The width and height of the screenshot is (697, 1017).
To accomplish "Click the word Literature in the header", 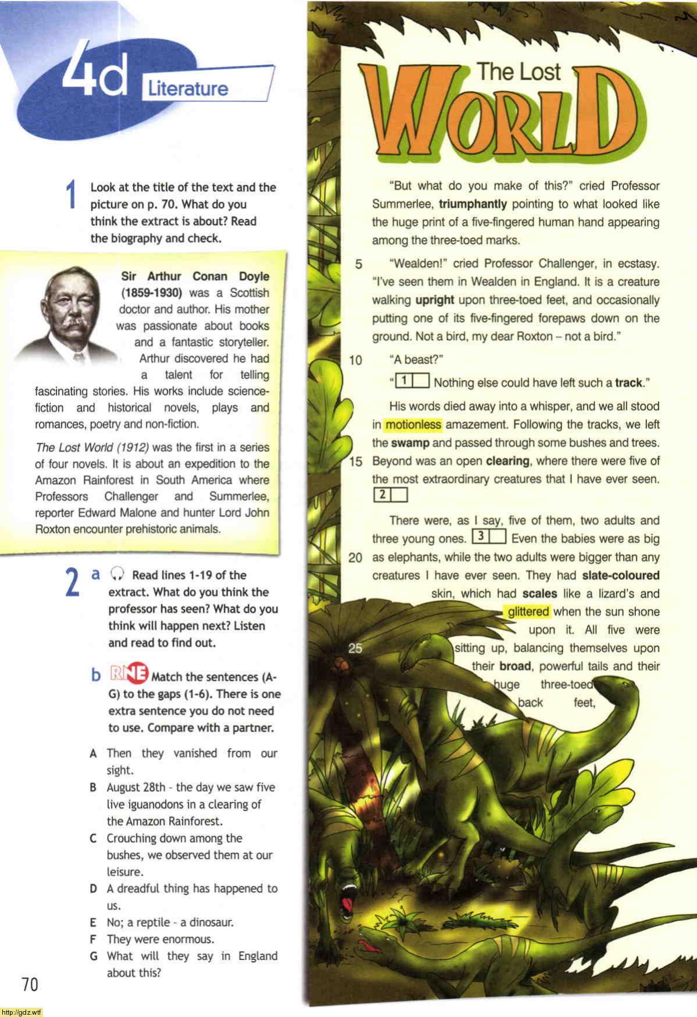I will [x=188, y=89].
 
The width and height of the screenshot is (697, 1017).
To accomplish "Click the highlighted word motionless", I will [x=413, y=425].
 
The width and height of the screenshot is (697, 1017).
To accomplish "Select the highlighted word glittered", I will [x=528, y=611].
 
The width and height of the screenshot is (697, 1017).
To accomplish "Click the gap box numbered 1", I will [x=412, y=382].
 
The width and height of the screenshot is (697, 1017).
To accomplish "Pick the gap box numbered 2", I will [x=390, y=495].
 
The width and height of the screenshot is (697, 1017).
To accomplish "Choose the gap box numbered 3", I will [x=489, y=537].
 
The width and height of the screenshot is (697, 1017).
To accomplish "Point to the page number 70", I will [x=30, y=984].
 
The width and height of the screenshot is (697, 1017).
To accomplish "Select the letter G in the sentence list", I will [x=93, y=956].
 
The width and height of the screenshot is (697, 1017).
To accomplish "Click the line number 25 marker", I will [x=355, y=648].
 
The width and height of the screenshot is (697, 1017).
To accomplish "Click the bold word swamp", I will [x=410, y=443].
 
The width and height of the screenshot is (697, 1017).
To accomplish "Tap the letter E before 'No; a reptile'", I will [x=93, y=923].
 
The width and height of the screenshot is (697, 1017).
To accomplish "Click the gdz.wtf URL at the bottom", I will [x=22, y=1012].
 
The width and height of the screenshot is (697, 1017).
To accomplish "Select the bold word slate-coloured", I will [x=620, y=575].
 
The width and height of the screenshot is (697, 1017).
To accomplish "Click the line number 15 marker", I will [x=355, y=461].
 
